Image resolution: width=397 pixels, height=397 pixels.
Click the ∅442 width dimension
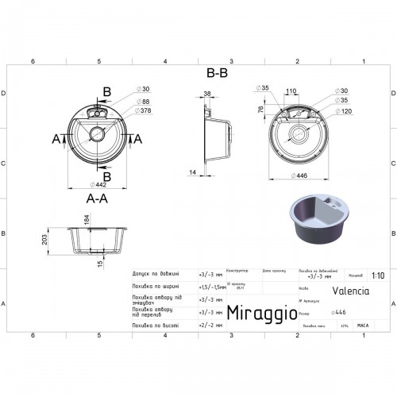98,183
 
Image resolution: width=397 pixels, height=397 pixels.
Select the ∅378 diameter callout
145,110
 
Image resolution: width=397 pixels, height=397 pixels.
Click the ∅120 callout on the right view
343,111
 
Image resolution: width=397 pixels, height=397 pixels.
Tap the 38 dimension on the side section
206,94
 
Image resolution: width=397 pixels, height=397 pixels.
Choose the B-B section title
217,72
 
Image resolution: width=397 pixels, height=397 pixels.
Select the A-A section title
98,199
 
